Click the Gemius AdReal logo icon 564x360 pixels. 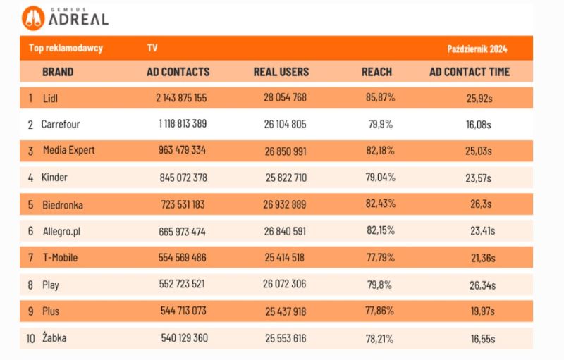point(33,18)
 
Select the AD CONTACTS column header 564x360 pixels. point(178,72)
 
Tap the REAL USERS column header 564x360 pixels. point(281,72)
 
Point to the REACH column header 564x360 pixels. point(376,72)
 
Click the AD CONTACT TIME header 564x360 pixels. point(470,72)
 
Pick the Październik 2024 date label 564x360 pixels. point(477,49)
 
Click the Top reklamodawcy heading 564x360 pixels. point(66,49)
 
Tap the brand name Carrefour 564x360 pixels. point(61,125)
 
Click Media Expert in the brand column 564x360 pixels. point(68,151)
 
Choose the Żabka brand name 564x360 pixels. point(54,338)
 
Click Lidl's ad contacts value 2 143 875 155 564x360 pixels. point(181,98)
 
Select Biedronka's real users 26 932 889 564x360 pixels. point(280,204)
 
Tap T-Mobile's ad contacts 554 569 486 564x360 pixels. point(183,258)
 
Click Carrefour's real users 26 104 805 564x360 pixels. point(280,125)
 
